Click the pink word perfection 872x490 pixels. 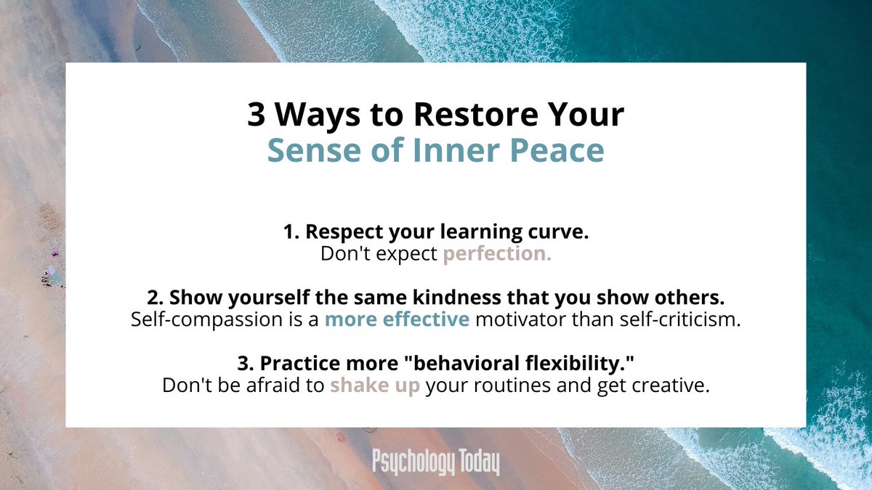497,254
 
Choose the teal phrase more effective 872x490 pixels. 397,319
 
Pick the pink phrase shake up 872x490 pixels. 375,385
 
